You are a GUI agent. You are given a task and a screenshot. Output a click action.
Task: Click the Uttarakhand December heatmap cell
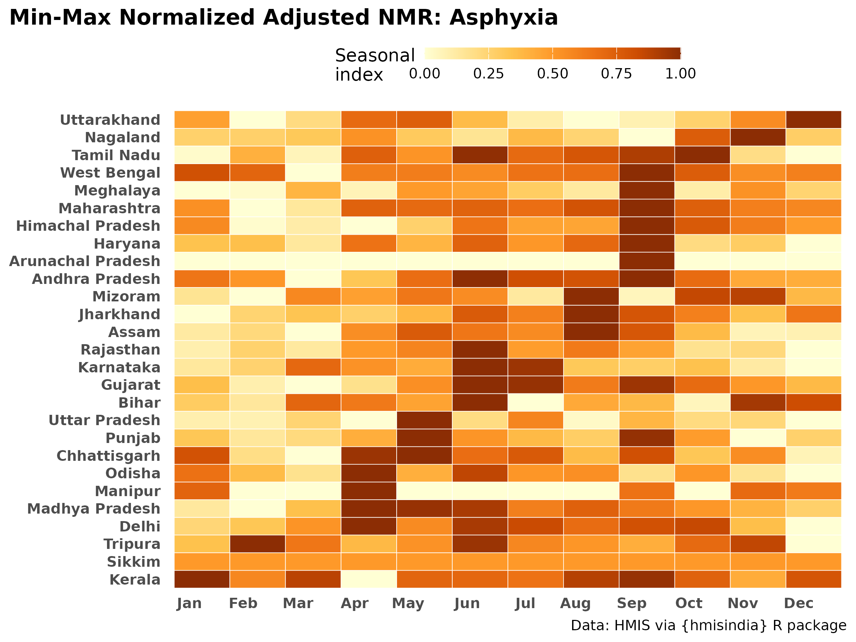(814, 119)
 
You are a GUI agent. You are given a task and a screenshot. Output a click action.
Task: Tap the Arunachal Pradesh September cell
(647, 261)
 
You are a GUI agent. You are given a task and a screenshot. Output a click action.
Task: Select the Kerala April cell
(368, 579)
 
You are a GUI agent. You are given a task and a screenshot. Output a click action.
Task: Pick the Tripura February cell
(258, 544)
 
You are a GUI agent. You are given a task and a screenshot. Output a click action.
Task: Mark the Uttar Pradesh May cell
(424, 420)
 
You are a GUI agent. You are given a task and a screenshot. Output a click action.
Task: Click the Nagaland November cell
(758, 137)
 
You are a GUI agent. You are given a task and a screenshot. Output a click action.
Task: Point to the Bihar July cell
(535, 403)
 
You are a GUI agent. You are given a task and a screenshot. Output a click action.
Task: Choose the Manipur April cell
(368, 491)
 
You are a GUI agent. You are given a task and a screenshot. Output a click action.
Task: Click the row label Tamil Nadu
(116, 155)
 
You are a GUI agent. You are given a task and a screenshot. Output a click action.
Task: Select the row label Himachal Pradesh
(88, 226)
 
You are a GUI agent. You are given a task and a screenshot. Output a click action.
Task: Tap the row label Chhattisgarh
(108, 456)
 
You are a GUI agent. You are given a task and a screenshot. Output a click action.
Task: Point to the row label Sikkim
(133, 562)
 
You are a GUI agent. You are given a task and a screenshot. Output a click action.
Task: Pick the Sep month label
(632, 604)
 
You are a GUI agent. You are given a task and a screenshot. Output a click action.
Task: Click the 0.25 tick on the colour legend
(488, 73)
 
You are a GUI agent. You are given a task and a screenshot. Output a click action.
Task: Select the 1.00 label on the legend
(680, 73)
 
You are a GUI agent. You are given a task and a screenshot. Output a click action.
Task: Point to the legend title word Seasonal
(375, 56)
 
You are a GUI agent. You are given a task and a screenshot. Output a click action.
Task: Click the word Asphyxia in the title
(504, 18)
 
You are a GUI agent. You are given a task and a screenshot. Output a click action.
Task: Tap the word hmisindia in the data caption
(723, 626)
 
